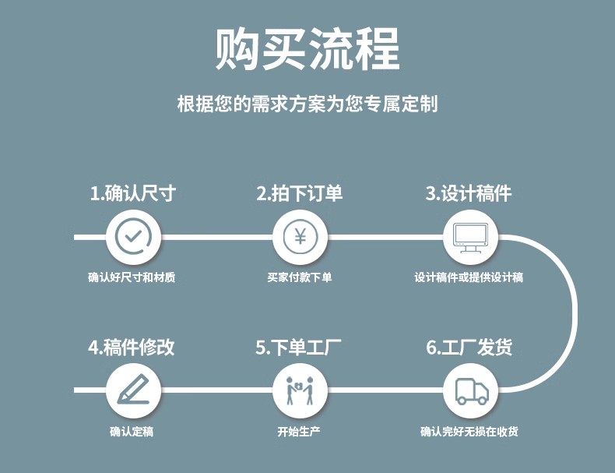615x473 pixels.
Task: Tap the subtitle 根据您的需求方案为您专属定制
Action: click(307, 104)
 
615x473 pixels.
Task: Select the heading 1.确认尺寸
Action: click(132, 193)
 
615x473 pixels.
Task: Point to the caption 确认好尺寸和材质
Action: click(132, 277)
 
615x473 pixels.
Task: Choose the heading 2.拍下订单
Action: click(299, 193)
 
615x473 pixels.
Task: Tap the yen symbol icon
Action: click(300, 235)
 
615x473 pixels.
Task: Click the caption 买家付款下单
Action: click(299, 277)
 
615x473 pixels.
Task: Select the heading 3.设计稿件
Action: click(469, 193)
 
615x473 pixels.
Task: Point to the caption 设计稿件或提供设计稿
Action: click(469, 277)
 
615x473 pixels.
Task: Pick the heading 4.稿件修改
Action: click(132, 348)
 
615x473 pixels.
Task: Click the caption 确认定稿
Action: click(132, 431)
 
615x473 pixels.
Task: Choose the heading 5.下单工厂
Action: click(299, 348)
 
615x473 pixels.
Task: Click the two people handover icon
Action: click(300, 389)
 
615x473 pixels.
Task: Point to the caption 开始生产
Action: click(299, 431)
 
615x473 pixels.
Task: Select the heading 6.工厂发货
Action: click(469, 348)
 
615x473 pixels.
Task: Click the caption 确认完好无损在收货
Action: click(469, 431)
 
